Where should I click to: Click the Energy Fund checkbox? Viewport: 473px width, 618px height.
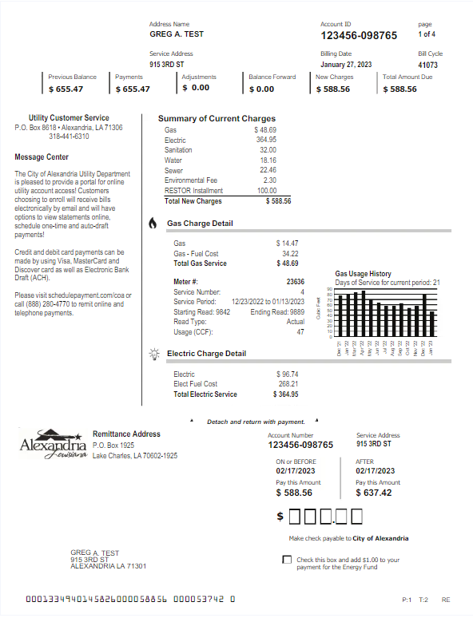tap(287, 560)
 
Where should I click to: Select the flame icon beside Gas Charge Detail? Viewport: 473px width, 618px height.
tap(153, 224)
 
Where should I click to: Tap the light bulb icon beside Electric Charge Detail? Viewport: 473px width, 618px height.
tap(153, 354)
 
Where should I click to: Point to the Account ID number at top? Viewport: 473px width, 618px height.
tap(359, 36)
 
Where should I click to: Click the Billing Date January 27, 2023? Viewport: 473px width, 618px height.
tap(347, 65)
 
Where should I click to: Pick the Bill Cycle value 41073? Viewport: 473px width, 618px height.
tap(427, 65)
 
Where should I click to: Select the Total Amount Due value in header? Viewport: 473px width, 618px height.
tap(399, 89)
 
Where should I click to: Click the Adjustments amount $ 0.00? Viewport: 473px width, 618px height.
tap(197, 89)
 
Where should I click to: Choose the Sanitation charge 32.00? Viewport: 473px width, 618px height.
tap(268, 150)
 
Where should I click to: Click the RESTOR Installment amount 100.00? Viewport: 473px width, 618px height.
tap(266, 191)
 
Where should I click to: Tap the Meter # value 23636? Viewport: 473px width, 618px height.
tap(295, 282)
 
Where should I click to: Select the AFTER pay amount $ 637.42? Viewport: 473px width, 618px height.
tap(374, 493)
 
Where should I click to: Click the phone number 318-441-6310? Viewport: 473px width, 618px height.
tap(69, 137)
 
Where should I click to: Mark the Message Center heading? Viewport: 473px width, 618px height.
tap(42, 157)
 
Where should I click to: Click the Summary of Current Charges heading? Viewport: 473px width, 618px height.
tap(217, 119)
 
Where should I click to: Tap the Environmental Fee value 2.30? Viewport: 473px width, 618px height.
tap(270, 180)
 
